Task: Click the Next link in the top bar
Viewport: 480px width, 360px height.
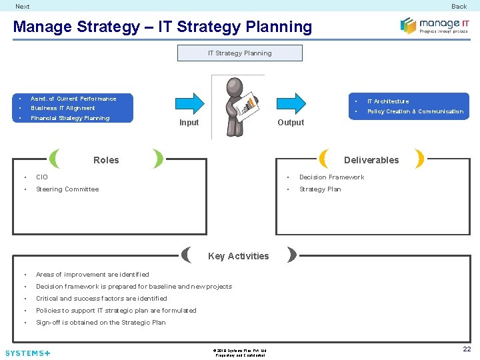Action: point(23,7)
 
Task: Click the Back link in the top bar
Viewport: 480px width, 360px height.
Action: point(459,7)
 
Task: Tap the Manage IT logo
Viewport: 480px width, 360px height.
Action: point(434,26)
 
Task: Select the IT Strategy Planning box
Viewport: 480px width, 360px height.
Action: point(239,53)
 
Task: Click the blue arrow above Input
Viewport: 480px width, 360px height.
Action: point(190,104)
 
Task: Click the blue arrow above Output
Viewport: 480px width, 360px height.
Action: point(291,104)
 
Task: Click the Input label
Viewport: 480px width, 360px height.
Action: point(189,123)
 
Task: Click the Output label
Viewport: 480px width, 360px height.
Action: point(291,123)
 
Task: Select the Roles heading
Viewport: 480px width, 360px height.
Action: point(106,160)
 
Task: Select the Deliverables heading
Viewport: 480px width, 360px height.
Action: point(371,160)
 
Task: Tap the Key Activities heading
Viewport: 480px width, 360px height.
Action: point(239,256)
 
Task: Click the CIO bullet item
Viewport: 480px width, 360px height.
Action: point(42,177)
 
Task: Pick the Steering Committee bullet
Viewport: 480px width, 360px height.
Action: point(67,189)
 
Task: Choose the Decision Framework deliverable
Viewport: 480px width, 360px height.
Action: point(331,177)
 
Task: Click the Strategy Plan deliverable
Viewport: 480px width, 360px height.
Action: point(320,189)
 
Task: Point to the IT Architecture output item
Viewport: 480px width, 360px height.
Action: point(388,101)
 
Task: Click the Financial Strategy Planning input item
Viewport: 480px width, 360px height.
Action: point(70,118)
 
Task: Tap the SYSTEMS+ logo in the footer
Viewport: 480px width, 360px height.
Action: point(27,353)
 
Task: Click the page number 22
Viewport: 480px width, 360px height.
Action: point(467,349)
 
